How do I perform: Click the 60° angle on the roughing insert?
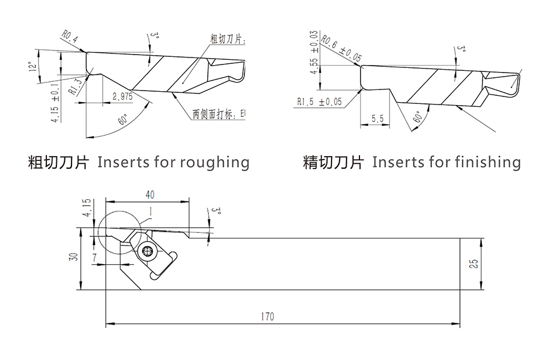click(123, 121)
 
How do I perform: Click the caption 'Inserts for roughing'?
click(173, 162)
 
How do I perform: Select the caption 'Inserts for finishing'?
click(446, 162)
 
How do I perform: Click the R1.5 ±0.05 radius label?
click(320, 102)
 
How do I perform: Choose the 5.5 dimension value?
click(377, 118)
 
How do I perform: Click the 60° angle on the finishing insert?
click(417, 117)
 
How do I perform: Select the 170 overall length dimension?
click(267, 316)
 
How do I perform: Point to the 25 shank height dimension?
click(473, 263)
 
